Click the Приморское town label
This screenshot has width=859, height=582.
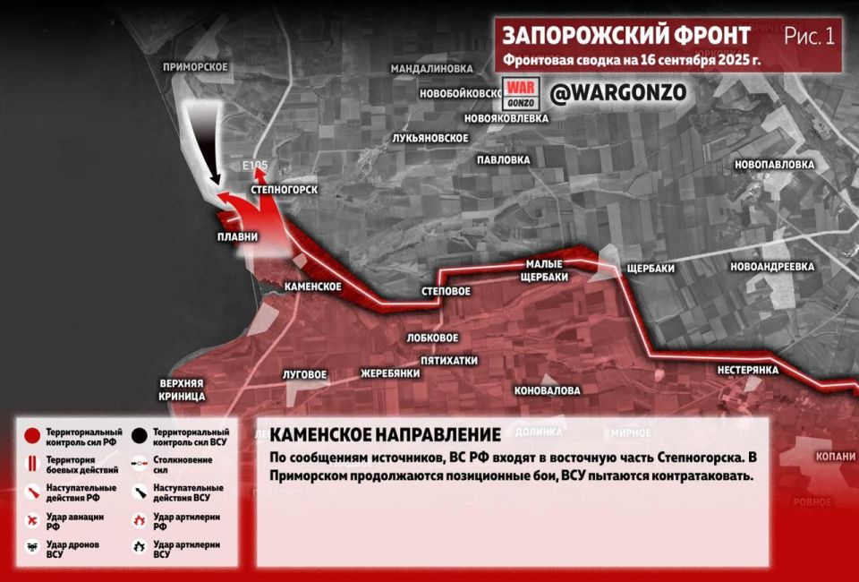coord(196,67)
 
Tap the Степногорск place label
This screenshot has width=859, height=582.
coord(285,191)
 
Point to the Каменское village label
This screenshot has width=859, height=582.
coord(312,287)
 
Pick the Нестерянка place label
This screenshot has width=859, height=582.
coord(748,370)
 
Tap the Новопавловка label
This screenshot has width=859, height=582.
coord(774,165)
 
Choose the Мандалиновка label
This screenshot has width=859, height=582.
coord(431,68)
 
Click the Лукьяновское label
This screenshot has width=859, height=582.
coord(431,138)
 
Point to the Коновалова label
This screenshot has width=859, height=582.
coord(547,390)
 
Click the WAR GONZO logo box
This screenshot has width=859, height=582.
coord(520,93)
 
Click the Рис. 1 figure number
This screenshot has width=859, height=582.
coord(809,36)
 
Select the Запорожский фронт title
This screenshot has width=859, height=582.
coord(626,36)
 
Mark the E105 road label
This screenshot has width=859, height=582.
coord(254,167)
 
